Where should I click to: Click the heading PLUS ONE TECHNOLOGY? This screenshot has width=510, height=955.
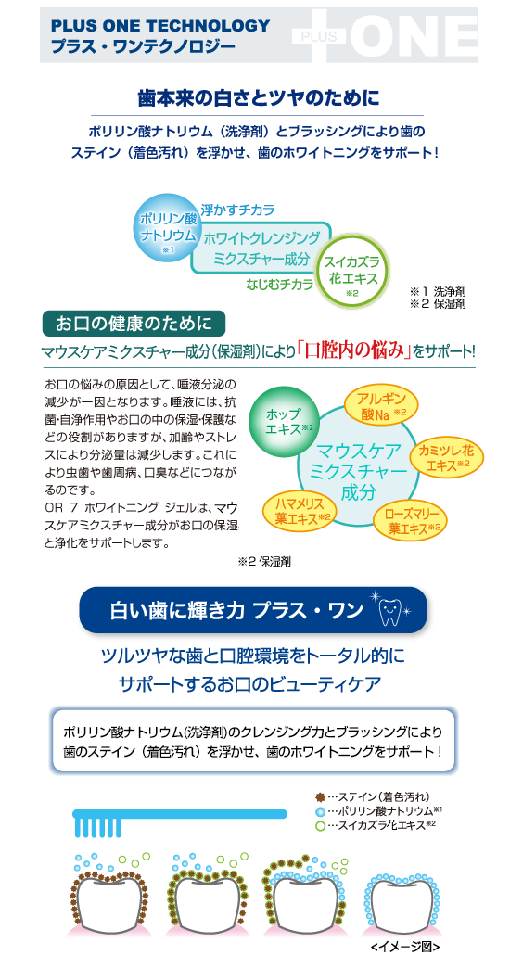pos(160,26)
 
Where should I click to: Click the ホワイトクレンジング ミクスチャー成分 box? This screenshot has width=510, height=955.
pos(262,248)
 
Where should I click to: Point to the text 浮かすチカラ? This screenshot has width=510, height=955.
pos(237,210)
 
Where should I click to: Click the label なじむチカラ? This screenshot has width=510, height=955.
pos(280,284)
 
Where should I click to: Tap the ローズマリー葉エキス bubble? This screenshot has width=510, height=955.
pos(408,519)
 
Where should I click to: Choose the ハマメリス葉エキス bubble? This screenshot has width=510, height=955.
pos(298,510)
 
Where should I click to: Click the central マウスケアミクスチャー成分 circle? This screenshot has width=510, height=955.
pos(358,471)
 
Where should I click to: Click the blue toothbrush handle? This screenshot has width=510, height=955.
pos(180,812)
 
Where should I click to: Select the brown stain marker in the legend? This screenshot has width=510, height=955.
pos(321,796)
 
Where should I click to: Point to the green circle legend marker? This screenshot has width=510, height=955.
pos(321,825)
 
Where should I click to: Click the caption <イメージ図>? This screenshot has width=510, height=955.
pos(404,947)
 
